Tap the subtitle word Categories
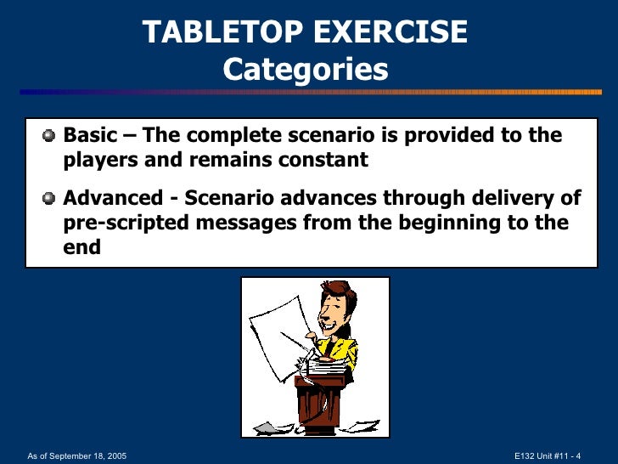pos(305,70)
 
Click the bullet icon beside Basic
pos(49,136)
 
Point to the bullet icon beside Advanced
pos(49,199)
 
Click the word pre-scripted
pos(122,223)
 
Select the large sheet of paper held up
pos(275,327)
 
